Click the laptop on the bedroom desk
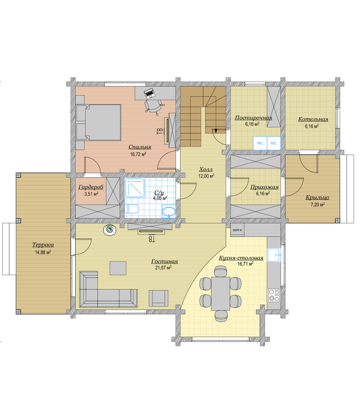coord(149,93)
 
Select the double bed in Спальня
coord(98,122)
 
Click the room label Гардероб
coord(91,187)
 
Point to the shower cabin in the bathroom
coord(135,187)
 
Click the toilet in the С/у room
coord(132,209)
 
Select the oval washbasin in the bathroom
coord(169,212)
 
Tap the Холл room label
coord(206,169)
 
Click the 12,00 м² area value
coord(206,176)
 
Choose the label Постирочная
coord(253,118)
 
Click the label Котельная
coord(313,119)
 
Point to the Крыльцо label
coord(318,197)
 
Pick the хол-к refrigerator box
coord(237,230)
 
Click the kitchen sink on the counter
coord(274,255)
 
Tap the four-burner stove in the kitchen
coord(274,295)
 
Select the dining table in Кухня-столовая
coord(220,293)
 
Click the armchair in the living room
coord(158,298)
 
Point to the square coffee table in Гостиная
coord(118,268)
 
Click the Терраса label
coord(43,245)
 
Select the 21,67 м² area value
coord(163,268)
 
